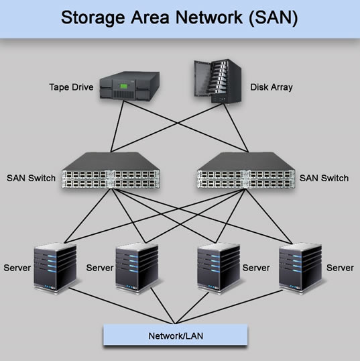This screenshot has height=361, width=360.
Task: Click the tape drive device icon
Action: (x=130, y=87)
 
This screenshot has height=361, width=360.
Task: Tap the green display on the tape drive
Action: (x=122, y=86)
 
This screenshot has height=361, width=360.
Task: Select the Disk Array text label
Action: (x=272, y=87)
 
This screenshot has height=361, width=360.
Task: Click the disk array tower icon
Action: (x=217, y=82)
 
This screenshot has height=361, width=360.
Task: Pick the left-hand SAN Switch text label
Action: (x=32, y=178)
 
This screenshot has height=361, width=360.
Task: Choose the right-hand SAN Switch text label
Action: (x=324, y=178)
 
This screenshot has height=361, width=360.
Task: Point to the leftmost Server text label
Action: (x=17, y=268)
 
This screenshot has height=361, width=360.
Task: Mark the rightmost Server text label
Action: (x=340, y=268)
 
